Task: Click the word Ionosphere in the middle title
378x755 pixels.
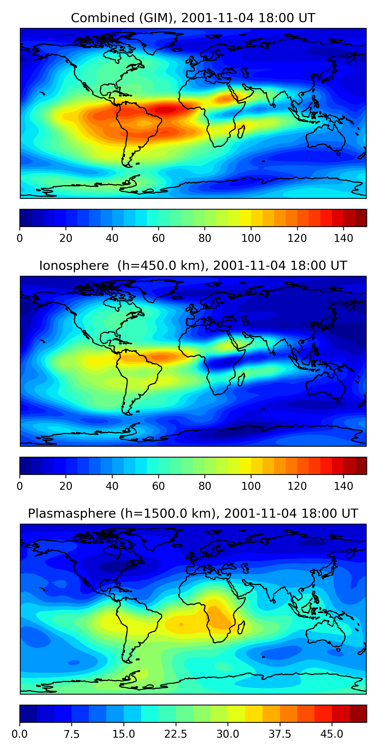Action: [74, 266]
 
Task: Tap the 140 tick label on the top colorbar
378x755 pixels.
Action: [343, 238]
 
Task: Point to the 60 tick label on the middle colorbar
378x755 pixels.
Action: [159, 486]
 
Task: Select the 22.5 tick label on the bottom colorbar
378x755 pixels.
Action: [175, 734]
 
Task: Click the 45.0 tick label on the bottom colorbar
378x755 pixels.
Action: [332, 734]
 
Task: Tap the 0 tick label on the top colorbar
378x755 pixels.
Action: [20, 238]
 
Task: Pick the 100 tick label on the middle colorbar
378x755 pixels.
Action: [251, 486]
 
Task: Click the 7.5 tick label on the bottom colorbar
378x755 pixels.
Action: [72, 734]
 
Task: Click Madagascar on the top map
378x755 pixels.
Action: [241, 132]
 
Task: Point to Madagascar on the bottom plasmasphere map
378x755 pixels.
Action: [241, 627]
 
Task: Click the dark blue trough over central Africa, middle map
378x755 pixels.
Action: [219, 364]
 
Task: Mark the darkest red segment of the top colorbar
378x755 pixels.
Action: [361, 218]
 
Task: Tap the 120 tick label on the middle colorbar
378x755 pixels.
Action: [297, 486]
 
